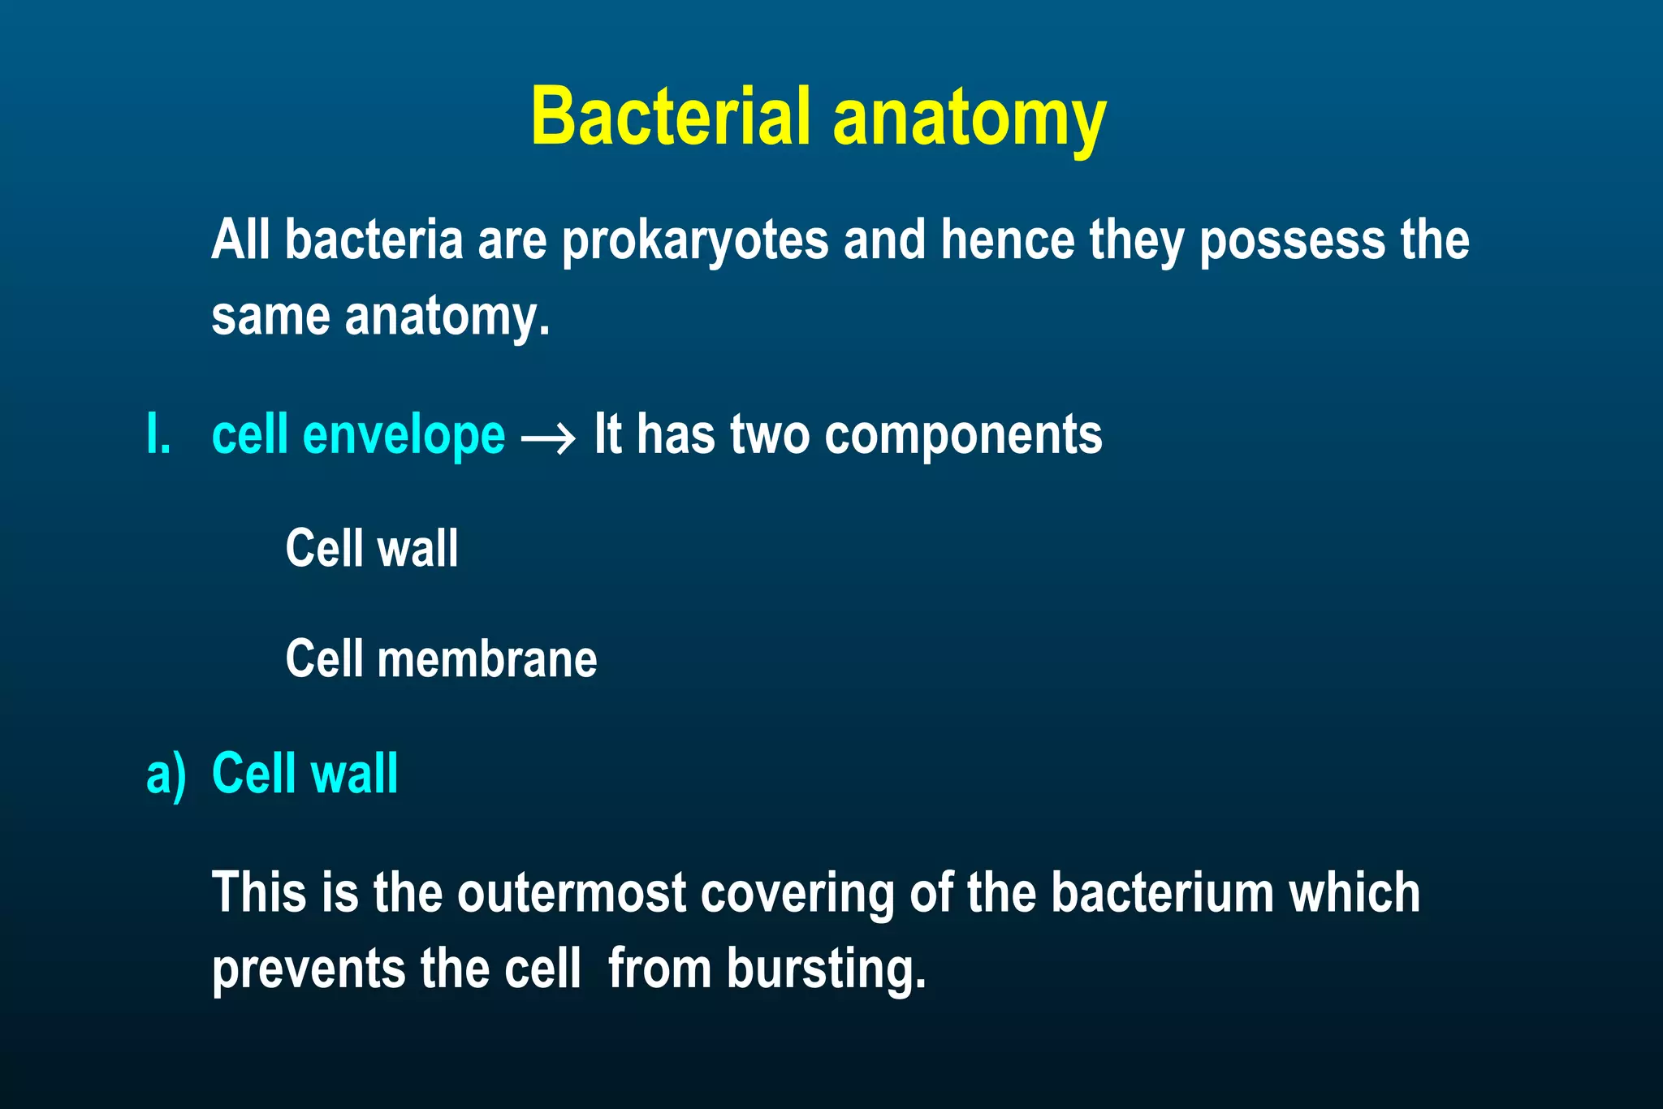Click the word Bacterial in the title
pyautogui.click(x=671, y=116)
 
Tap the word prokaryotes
pyautogui.click(x=695, y=241)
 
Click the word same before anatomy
pyautogui.click(x=270, y=317)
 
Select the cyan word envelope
pyautogui.click(x=404, y=436)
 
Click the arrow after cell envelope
pyautogui.click(x=549, y=439)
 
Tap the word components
pyautogui.click(x=963, y=436)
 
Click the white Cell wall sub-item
pyautogui.click(x=372, y=548)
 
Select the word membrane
pyautogui.click(x=487, y=658)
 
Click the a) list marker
pyautogui.click(x=166, y=774)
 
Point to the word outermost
pyautogui.click(x=572, y=893)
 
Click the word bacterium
pyautogui.click(x=1163, y=893)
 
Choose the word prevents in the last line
pyautogui.click(x=308, y=969)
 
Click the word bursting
pyautogui.click(x=826, y=969)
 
